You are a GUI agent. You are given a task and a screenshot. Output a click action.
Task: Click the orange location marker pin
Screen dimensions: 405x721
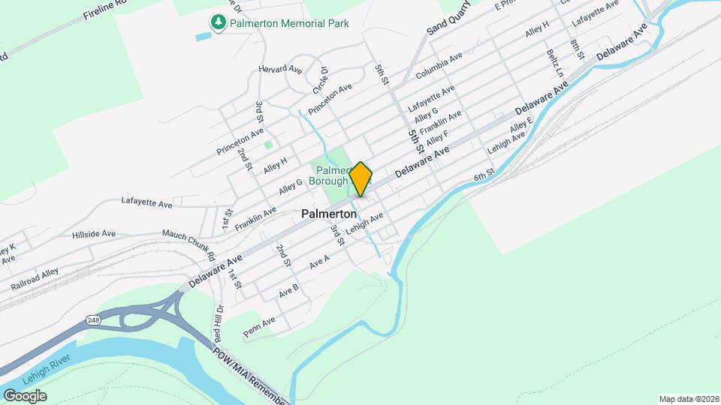[361, 178]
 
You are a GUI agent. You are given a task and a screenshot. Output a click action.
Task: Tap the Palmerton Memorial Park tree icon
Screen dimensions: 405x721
[218, 22]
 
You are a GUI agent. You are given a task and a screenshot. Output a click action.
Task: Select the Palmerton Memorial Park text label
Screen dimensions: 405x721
[289, 23]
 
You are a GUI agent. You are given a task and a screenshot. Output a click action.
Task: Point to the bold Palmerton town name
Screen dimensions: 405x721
[329, 214]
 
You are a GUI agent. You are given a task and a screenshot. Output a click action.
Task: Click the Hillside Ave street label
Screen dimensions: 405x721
[94, 234]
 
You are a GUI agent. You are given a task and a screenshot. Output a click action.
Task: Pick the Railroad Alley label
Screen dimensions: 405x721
[34, 278]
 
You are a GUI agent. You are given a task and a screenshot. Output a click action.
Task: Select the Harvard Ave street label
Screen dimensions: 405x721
[279, 69]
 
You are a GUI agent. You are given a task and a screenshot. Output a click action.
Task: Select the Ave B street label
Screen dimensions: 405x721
[289, 289]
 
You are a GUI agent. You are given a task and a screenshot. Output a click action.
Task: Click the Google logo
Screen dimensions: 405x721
[25, 396]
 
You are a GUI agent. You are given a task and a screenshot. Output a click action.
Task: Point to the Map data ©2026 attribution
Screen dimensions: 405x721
[688, 399]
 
